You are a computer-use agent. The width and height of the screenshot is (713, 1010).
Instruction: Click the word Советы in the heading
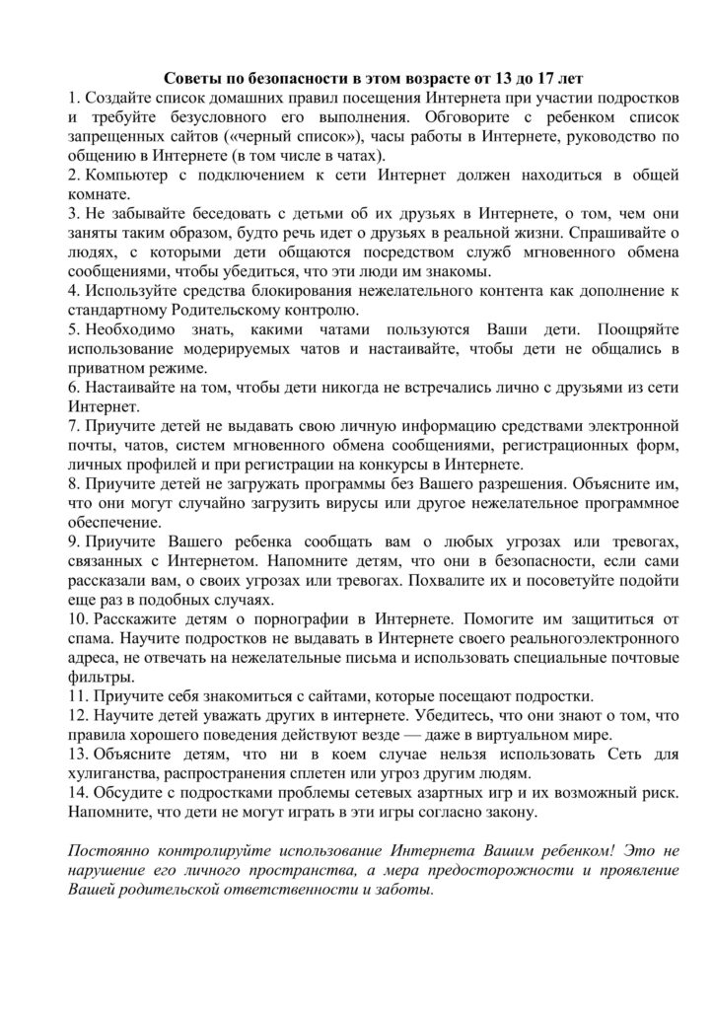coord(189,79)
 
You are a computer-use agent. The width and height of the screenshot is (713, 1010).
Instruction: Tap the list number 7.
coord(73,427)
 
